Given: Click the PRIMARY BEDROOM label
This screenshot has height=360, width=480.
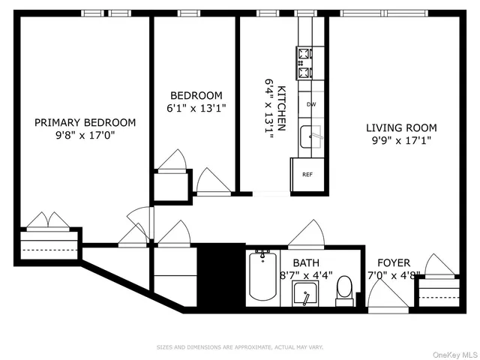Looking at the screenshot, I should coord(85,122).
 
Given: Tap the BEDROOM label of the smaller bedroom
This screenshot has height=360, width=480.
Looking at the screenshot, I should coord(196,95).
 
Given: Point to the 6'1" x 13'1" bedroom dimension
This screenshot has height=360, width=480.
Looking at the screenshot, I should coord(196,108).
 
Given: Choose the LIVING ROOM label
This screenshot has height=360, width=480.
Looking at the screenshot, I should coord(401,127).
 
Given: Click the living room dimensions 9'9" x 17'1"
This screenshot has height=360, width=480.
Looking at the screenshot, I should coord(401,140).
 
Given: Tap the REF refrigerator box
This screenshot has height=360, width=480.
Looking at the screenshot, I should coord(307,174).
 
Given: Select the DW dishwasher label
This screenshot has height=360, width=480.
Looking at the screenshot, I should coord(311,104).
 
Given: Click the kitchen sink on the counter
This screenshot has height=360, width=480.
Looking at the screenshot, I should coord(310,137).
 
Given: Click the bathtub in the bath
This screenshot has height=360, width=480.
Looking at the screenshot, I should coord(262,277).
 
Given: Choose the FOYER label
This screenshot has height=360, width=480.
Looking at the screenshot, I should coord(394,262).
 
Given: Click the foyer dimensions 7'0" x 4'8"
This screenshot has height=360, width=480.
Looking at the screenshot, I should coord(394,275).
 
